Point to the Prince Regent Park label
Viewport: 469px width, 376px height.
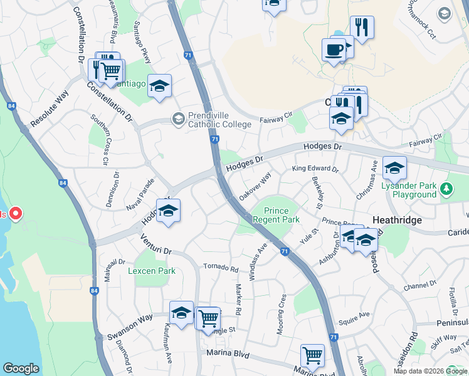click(276, 215)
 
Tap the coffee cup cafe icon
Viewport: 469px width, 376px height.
click(334, 50)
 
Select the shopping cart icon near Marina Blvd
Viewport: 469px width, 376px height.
click(312, 356)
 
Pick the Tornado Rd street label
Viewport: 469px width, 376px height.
click(221, 268)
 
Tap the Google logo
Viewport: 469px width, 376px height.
click(21, 368)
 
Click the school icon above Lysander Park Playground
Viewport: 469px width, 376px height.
click(395, 168)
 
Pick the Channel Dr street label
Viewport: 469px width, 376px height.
click(419, 286)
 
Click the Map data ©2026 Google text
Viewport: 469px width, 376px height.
click(429, 371)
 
